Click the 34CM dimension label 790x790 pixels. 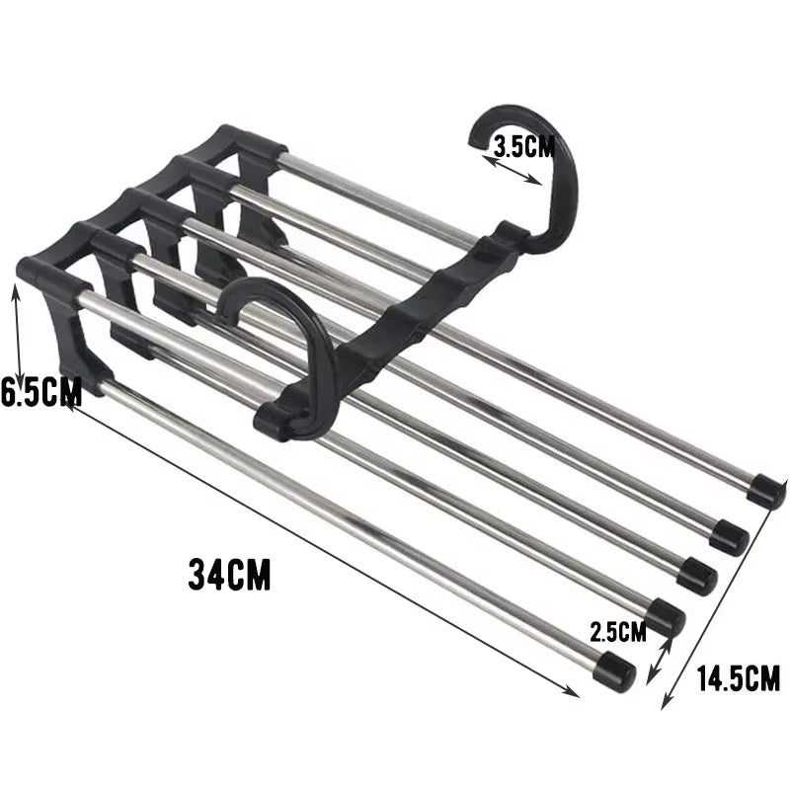click(229, 574)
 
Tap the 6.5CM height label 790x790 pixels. click(40, 392)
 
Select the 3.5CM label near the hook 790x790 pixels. click(524, 147)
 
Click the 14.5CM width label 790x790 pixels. click(738, 678)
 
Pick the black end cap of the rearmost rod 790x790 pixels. click(767, 491)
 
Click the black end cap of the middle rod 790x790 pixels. click(697, 575)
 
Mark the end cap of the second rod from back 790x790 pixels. click(729, 534)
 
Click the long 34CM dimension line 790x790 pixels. click(326, 548)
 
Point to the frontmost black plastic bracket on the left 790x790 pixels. click(59, 306)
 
